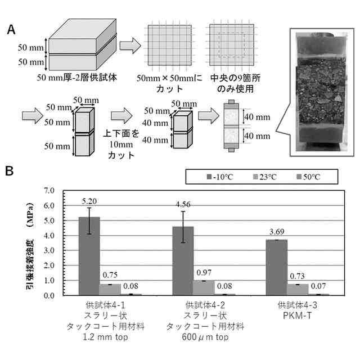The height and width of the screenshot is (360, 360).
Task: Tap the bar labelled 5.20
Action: click(x=89, y=256)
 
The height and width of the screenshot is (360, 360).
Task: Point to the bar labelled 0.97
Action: click(x=204, y=287)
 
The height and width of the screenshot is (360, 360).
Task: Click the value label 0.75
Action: click(x=110, y=275)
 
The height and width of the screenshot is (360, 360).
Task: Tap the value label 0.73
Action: click(x=298, y=276)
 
